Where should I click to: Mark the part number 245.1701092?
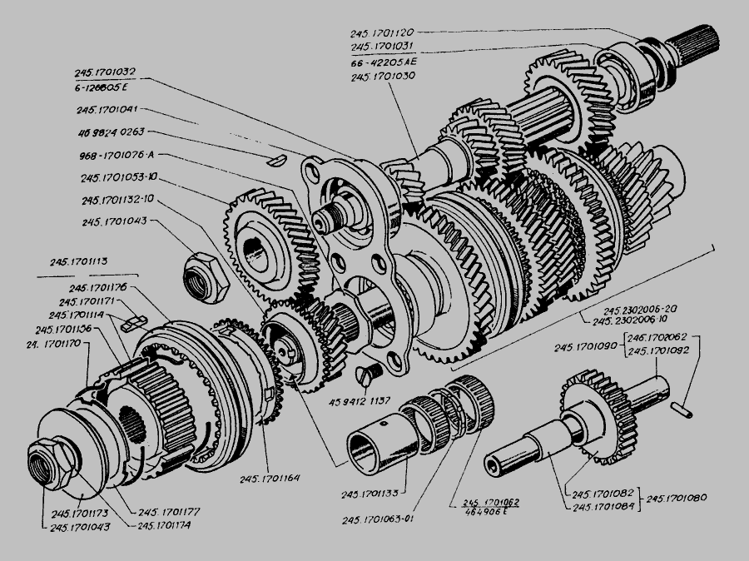tap(657, 351)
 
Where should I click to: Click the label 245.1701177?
tap(168, 513)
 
